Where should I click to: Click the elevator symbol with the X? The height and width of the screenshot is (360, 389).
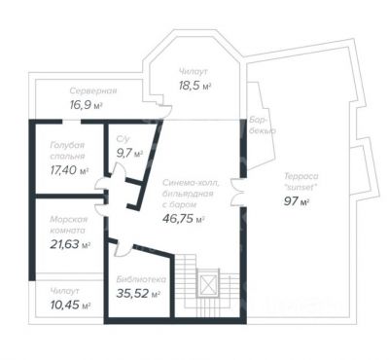click(208, 284)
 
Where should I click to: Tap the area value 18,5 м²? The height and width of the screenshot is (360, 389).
click(194, 86)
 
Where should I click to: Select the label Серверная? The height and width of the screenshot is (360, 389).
click(93, 90)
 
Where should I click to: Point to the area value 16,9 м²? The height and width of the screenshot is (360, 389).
click(86, 105)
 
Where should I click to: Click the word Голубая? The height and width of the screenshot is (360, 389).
click(67, 145)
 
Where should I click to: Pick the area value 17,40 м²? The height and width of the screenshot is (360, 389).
click(70, 169)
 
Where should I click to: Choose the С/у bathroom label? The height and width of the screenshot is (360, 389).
click(123, 139)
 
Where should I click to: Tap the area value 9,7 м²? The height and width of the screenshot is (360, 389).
click(129, 153)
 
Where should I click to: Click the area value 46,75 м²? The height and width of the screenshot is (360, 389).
click(183, 218)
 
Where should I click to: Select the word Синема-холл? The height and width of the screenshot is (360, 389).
click(191, 183)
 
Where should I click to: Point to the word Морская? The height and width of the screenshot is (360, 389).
click(69, 220)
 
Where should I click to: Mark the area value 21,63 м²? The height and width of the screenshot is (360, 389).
click(70, 244)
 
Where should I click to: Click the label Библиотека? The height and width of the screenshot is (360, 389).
click(141, 279)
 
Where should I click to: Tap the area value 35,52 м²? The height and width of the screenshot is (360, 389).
click(138, 294)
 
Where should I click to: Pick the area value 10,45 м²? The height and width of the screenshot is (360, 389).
click(70, 305)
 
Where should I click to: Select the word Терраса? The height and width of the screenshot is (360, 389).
click(301, 176)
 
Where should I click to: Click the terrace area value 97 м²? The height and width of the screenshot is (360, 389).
click(297, 201)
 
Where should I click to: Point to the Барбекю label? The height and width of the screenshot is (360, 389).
click(263, 126)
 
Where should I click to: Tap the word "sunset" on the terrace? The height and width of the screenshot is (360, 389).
click(301, 188)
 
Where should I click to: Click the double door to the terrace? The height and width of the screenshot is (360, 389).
click(237, 193)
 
